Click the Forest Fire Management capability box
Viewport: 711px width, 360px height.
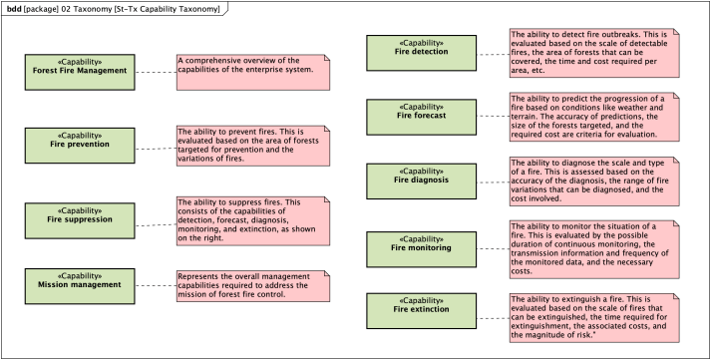[x=80, y=71]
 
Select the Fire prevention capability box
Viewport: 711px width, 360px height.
[x=80, y=145]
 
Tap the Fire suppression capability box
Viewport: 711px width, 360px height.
[x=80, y=218]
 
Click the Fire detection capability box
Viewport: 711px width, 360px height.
[x=422, y=52]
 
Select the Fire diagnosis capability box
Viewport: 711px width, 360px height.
[x=422, y=180]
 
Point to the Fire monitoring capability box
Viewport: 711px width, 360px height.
[x=422, y=248]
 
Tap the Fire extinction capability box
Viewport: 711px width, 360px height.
[x=422, y=310]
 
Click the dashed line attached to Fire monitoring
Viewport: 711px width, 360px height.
[x=493, y=248]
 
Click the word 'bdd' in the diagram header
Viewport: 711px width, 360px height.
[x=14, y=8]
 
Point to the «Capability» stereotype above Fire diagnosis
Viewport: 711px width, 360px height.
[x=422, y=171]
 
